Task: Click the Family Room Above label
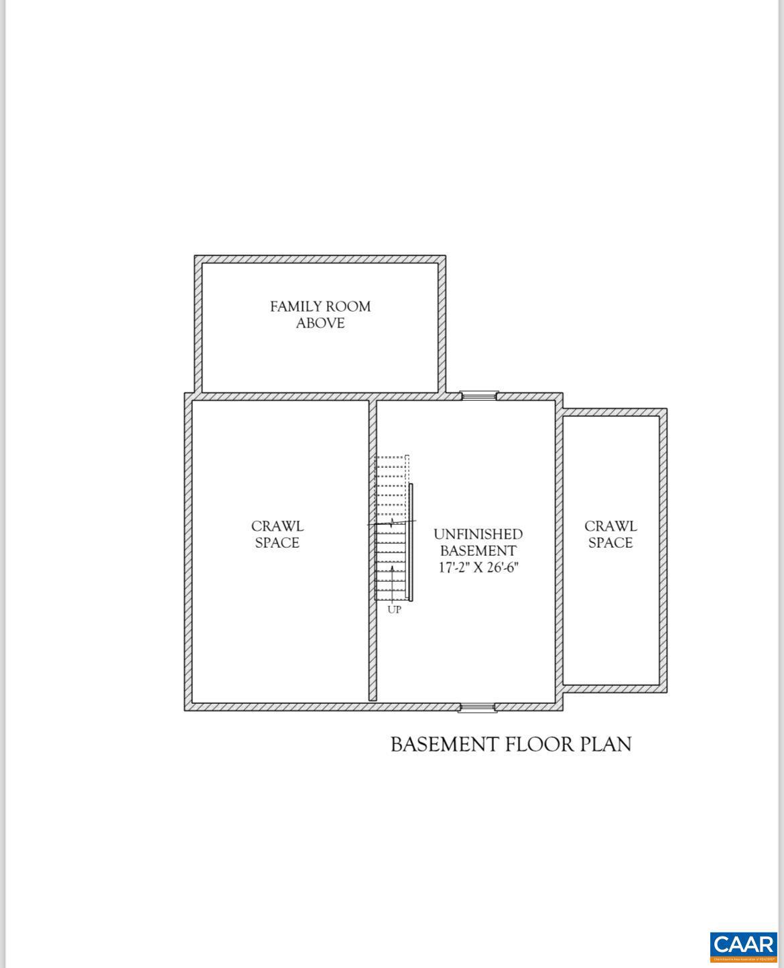pos(320,314)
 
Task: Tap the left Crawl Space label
pos(277,534)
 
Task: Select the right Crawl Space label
pos(610,534)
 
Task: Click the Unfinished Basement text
pos(478,542)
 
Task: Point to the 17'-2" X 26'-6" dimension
pos(478,567)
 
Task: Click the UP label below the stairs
pos(394,610)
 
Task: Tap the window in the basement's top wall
pos(479,396)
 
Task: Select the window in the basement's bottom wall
pos(477,707)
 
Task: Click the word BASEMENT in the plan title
pos(444,744)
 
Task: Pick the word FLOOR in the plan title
pos(539,744)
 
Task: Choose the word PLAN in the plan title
pos(605,744)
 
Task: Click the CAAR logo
pos(743,946)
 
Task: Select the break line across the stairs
pos(392,522)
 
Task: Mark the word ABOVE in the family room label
pos(320,323)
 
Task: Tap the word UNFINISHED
pos(478,534)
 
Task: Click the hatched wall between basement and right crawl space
pos(559,550)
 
